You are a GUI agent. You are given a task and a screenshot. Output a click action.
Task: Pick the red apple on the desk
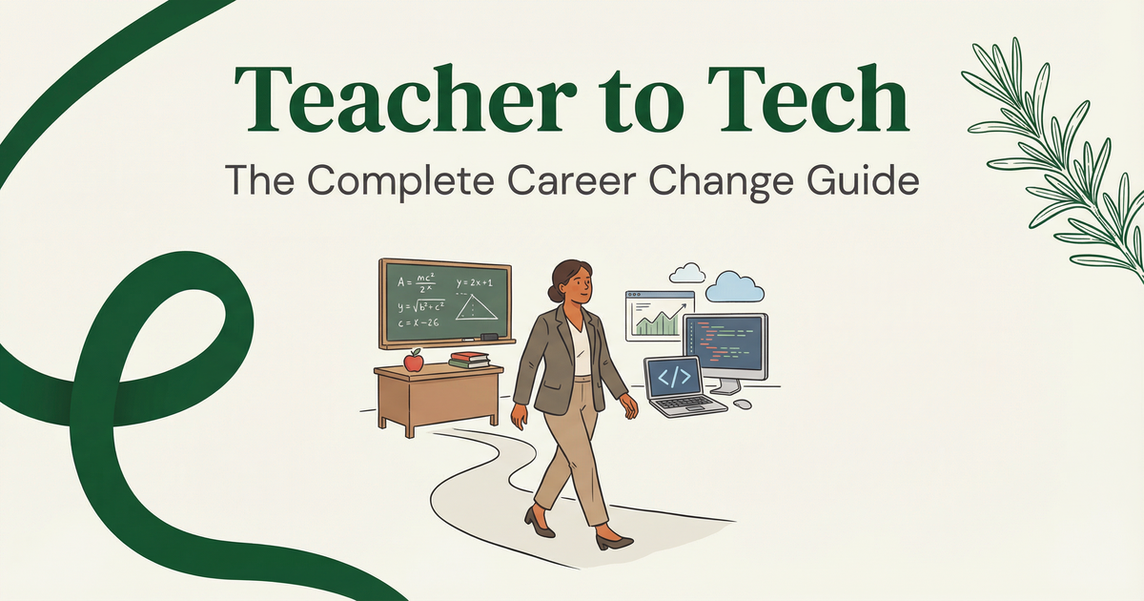tap(413, 361)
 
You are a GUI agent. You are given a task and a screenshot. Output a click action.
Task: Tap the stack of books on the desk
tap(468, 360)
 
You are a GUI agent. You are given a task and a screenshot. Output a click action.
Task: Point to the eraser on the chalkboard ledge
tap(488, 337)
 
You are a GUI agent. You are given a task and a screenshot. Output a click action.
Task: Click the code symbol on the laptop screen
tap(674, 376)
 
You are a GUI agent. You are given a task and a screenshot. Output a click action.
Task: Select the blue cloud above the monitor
tap(735, 286)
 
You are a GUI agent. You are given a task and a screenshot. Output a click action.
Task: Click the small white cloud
tap(687, 274)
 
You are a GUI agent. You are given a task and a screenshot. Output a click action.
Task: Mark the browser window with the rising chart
tap(655, 316)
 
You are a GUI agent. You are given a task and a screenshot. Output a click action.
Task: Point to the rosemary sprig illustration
tap(1058, 153)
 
